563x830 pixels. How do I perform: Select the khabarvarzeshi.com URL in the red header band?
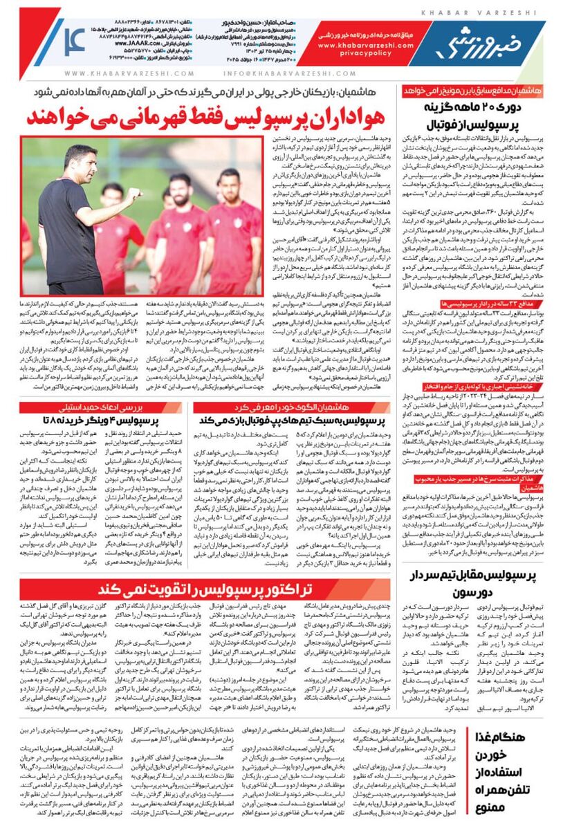[x=356, y=44]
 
